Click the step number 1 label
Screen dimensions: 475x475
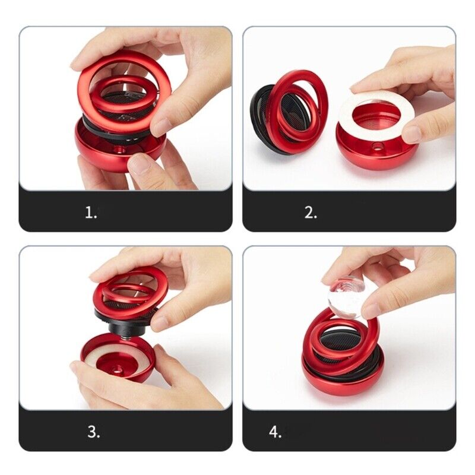tap(91, 213)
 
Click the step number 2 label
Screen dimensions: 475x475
tap(311, 213)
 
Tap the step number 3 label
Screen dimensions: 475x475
tap(94, 432)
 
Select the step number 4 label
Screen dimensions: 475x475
tap(275, 432)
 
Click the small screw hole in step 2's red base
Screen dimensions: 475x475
tap(377, 147)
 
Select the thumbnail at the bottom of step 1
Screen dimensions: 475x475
tap(140, 164)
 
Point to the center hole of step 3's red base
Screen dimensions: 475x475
tap(116, 369)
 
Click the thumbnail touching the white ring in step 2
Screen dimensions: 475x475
tap(413, 135)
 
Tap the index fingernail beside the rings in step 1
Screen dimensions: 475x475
tap(162, 127)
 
